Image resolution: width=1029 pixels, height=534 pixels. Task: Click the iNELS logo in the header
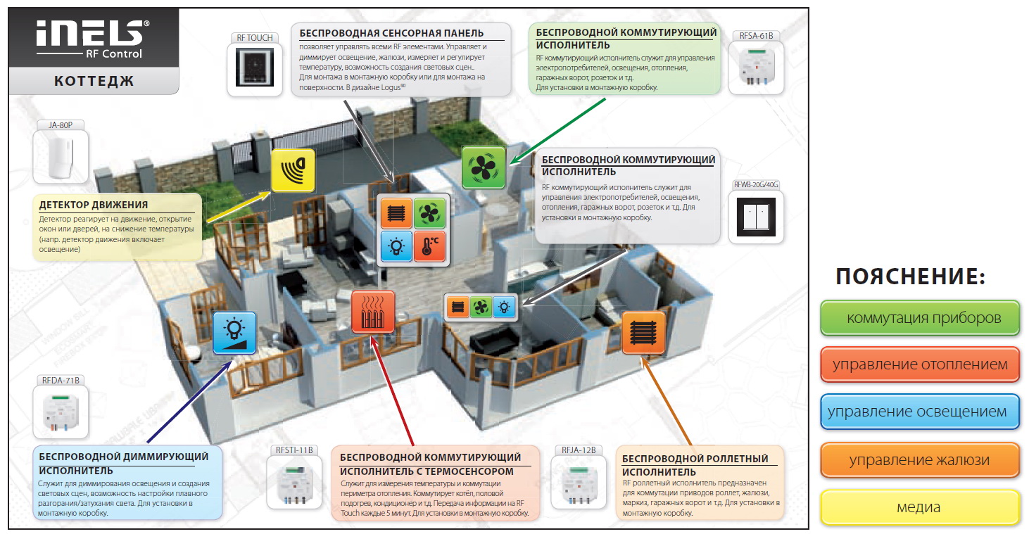point(93,39)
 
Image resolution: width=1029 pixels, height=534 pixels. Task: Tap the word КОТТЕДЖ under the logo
point(94,82)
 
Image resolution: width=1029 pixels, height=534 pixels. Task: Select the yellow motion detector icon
point(293,170)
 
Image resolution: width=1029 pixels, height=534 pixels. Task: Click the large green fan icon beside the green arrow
point(484,167)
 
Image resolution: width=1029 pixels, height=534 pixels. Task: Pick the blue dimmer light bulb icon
point(234,333)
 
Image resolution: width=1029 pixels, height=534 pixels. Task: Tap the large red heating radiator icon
point(372,312)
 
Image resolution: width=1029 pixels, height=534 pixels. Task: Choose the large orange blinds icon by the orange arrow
point(643,333)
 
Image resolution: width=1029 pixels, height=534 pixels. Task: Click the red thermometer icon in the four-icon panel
point(429,246)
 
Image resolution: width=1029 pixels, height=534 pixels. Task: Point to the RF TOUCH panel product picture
point(255,68)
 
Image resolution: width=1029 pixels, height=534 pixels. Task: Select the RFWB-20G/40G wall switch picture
point(756,217)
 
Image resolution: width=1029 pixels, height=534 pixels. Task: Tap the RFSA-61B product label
point(756,36)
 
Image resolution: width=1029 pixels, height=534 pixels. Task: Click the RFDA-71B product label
point(61,380)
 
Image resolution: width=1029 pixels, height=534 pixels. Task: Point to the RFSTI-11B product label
point(294,450)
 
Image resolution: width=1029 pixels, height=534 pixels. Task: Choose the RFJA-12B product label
point(579,450)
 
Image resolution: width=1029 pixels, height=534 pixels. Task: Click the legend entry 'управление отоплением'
point(920,364)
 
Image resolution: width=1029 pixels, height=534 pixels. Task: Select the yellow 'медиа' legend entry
point(920,507)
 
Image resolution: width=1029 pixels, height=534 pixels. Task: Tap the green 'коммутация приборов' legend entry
point(920,318)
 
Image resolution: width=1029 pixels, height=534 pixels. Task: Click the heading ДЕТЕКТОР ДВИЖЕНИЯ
point(93,205)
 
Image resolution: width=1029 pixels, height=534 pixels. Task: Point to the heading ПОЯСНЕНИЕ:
point(911,276)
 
